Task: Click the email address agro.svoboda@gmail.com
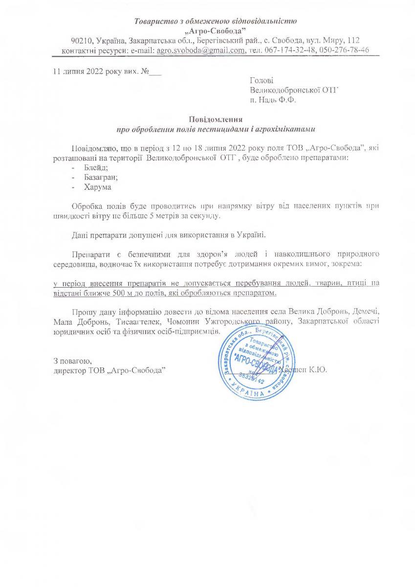pyautogui.click(x=200, y=50)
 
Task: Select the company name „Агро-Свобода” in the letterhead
pyautogui.click(x=216, y=30)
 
